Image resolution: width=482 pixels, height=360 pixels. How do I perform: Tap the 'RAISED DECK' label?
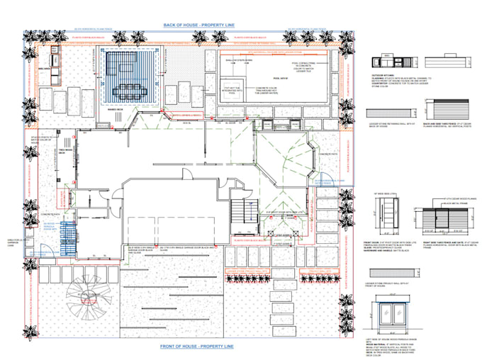click(116, 110)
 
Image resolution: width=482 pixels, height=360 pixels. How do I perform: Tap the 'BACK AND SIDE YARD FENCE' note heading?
click(444, 123)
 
